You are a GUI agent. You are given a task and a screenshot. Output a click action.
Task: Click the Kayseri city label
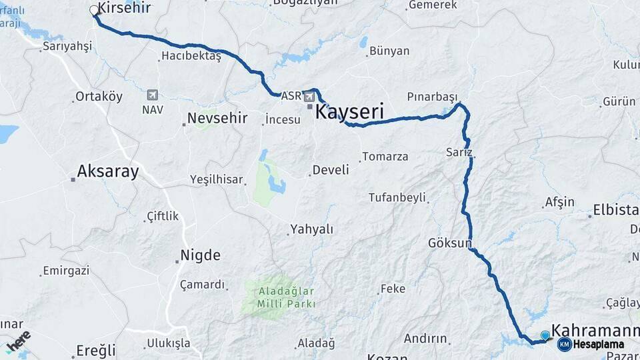350,111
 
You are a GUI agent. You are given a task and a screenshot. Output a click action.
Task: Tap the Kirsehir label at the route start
124,9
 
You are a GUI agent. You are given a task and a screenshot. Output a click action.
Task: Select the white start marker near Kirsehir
93,10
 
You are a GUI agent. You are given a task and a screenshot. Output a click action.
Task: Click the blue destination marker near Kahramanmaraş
545,335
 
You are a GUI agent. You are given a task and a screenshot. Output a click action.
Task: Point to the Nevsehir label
217,119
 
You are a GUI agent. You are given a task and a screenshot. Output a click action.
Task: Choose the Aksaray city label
108,172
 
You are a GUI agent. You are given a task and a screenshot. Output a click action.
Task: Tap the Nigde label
200,255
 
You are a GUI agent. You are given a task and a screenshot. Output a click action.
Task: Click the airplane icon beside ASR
309,96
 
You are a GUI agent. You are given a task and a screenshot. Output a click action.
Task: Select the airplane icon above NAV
153,94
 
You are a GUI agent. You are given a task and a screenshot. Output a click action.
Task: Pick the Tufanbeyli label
397,198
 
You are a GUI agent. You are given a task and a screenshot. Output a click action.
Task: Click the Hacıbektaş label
191,57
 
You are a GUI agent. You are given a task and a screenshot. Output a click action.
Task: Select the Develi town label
331,170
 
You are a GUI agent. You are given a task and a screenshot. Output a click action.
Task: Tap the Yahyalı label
311,229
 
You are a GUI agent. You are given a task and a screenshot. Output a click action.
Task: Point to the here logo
18,341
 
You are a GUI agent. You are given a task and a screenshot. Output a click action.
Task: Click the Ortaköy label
99,97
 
